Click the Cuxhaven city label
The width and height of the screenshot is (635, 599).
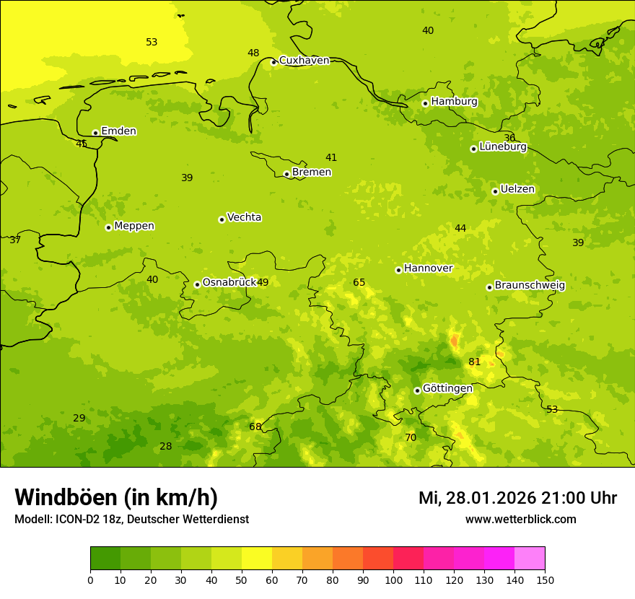(304, 61)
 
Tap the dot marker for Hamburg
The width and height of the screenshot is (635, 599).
(425, 103)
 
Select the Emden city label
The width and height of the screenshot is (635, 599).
(118, 131)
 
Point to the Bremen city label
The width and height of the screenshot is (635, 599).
(312, 172)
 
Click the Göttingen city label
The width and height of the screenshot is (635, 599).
(447, 389)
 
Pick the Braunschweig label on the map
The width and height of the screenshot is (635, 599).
(530, 286)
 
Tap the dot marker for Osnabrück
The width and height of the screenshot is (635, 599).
(197, 284)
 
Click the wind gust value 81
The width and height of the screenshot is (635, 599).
(474, 362)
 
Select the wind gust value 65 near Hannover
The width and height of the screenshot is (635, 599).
(359, 283)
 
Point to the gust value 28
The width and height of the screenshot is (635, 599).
(165, 447)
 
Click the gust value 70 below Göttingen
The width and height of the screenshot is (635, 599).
(411, 438)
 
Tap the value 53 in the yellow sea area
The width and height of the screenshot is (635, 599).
(152, 43)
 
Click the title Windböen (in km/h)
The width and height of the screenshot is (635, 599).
(116, 497)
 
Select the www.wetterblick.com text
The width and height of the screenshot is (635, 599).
(520, 520)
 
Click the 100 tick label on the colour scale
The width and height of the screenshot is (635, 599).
(393, 580)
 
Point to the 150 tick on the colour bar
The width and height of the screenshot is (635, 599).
(545, 580)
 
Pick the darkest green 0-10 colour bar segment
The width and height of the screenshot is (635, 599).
(105, 559)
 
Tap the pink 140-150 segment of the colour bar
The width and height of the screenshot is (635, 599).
(530, 559)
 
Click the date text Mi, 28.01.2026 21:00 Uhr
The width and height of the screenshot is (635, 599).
(517, 498)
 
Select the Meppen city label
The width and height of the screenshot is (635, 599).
(134, 226)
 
